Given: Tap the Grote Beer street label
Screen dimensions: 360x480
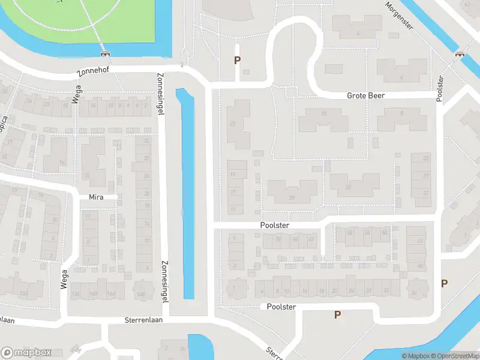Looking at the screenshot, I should pos(365,96).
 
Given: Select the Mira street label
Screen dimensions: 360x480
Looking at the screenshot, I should pos(96,197).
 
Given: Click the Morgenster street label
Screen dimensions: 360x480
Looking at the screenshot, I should pos(400,15).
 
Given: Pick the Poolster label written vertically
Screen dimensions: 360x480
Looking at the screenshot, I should pos(440,88).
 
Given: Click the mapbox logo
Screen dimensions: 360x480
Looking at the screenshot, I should pos(26,352).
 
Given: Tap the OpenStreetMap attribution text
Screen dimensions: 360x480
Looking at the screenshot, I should pos(454,356).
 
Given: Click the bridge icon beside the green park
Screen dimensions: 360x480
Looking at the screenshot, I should pos(106,53).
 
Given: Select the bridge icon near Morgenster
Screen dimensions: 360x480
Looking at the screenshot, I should pos(460,54).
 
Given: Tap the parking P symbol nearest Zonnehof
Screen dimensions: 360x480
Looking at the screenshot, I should pos(237,60).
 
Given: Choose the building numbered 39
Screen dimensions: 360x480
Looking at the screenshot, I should pos(292,198).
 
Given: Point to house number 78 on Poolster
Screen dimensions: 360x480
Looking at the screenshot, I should pos(278,239).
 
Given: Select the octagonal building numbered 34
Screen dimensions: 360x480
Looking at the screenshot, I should pos(413,292).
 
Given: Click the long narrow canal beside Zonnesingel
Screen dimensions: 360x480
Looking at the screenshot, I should pos(188,192).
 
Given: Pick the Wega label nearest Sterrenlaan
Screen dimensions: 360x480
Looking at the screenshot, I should pos(64,278).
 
